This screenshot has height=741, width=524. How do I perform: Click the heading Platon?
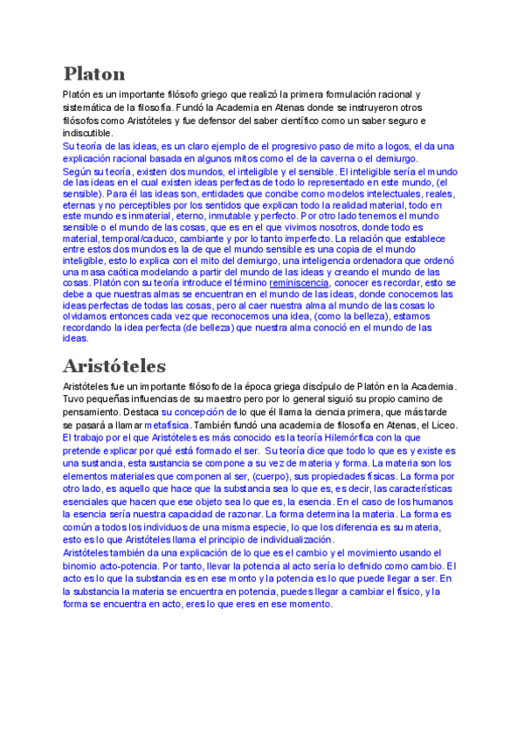click(x=94, y=73)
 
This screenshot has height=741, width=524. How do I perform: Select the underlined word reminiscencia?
click(x=299, y=283)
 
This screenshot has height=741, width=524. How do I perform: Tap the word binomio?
click(x=80, y=565)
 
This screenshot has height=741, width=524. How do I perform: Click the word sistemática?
click(x=90, y=107)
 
